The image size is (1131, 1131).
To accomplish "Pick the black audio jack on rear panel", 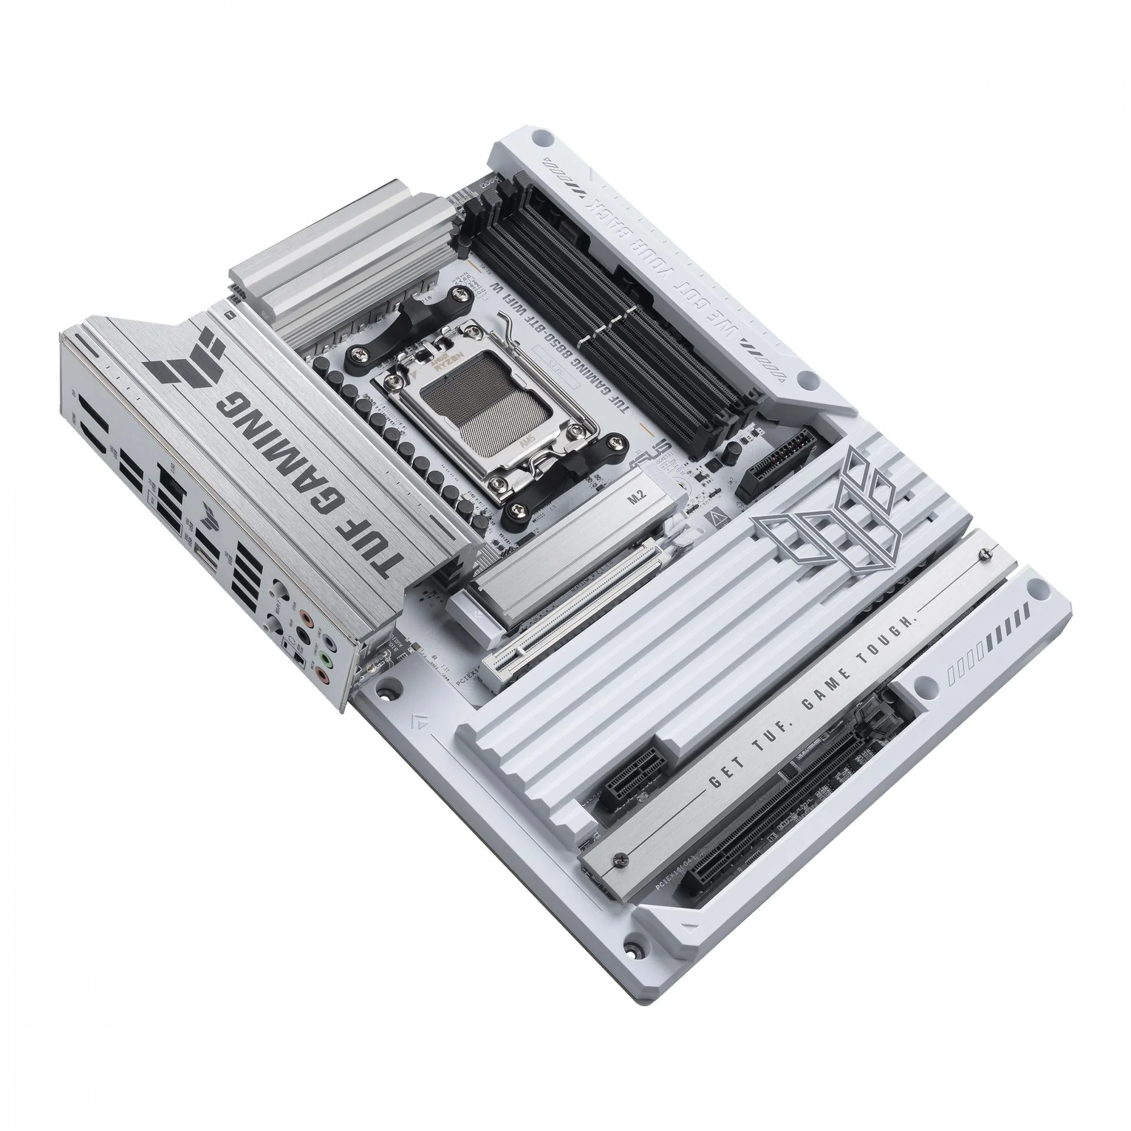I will pyautogui.click(x=303, y=637).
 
